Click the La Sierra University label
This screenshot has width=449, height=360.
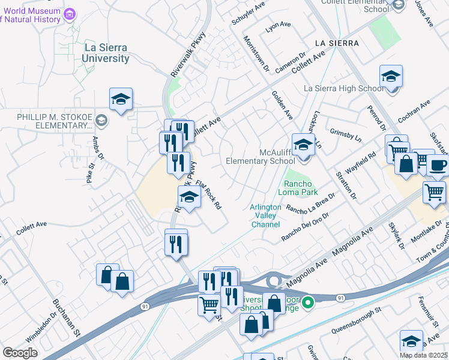coord(107,53)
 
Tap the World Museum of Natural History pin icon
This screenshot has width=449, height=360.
coord(70,14)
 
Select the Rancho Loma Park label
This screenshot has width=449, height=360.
coord(298,188)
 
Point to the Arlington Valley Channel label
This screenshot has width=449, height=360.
coord(265,216)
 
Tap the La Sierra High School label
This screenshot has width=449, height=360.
coord(343,89)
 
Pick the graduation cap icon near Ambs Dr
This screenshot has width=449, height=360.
coord(121,100)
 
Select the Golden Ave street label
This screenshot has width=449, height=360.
coord(282,105)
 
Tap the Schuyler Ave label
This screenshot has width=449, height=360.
coord(249,14)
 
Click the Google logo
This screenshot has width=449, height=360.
coord(20,353)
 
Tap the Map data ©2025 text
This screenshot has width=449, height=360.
coord(423,355)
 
